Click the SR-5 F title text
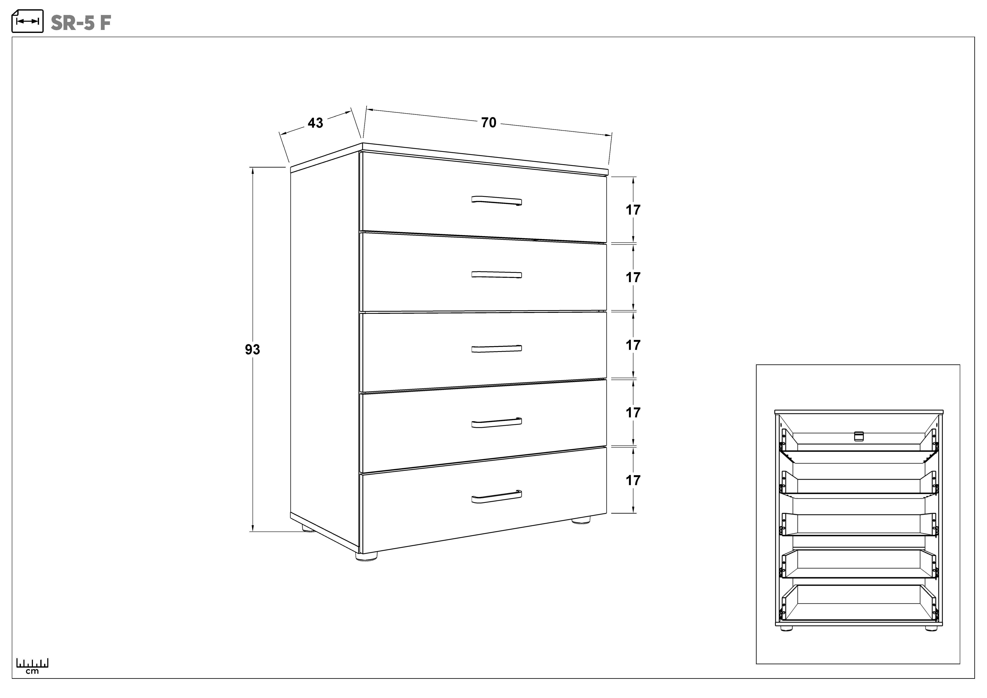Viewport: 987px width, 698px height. [81, 23]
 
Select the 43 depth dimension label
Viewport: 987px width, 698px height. [315, 123]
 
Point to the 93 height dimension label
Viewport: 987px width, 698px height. [252, 350]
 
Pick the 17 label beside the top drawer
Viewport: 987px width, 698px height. [633, 210]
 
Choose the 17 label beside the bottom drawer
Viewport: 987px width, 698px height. [633, 480]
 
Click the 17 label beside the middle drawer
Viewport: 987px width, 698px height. [633, 345]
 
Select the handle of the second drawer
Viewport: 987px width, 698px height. [496, 275]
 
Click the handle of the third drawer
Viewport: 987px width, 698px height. [496, 349]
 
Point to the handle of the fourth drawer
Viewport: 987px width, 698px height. [496, 423]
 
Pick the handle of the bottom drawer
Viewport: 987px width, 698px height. [496, 496]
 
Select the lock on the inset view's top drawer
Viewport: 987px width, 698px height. [859, 436]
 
